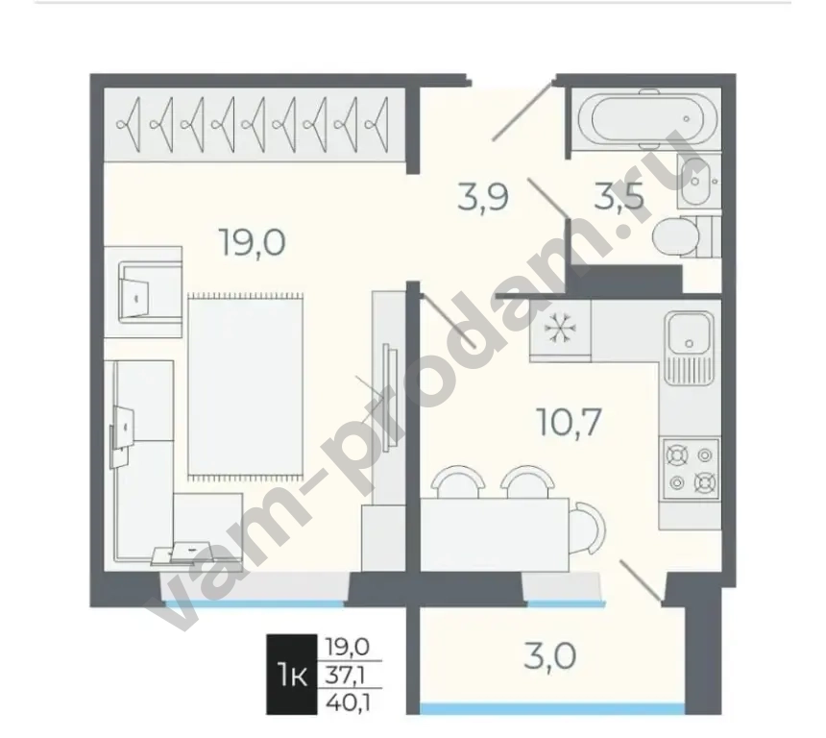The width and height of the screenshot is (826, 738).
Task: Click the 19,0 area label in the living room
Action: [x=253, y=243]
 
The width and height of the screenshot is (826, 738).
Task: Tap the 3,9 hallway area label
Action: [x=482, y=197]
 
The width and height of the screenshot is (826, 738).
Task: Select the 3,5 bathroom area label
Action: [x=619, y=197]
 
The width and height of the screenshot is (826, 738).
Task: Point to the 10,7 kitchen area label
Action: [x=569, y=422]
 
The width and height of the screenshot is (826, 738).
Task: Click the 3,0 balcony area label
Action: [x=550, y=657]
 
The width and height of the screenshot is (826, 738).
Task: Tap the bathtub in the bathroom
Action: [x=648, y=119]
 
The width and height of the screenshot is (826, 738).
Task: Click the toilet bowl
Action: [x=677, y=236]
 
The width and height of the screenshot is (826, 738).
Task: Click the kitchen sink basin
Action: [x=689, y=332]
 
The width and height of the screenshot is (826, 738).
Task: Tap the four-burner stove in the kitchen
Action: [x=691, y=469]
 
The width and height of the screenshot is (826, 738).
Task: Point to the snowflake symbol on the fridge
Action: [x=557, y=329]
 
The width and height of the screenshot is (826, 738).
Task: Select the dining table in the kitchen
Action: [x=495, y=534]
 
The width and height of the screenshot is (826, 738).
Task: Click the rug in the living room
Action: [x=246, y=386]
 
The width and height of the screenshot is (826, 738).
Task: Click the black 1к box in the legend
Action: [x=292, y=675]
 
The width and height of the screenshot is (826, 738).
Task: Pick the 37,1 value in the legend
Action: [x=347, y=675]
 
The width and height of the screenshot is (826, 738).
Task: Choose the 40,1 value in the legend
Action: [x=347, y=702]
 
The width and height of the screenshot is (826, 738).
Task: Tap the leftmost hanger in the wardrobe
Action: [x=130, y=125]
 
